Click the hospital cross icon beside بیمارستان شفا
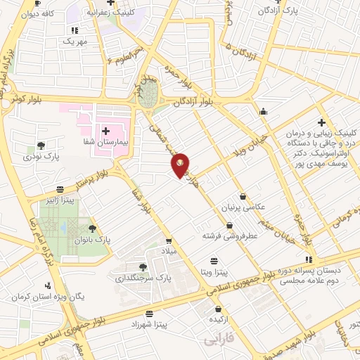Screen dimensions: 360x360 (x=105, y=131)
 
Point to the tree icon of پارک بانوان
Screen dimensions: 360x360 (x=92, y=228)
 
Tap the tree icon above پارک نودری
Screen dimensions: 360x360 (x=41, y=146)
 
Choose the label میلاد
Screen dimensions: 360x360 (x=173, y=250)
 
